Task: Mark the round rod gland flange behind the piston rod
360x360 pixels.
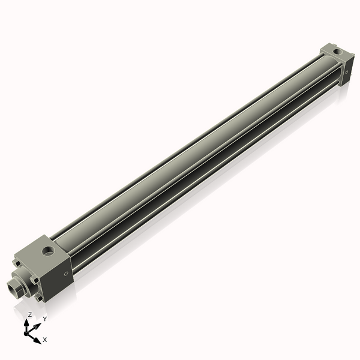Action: [x=25, y=278]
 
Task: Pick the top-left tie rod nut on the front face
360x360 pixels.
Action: [x=17, y=262]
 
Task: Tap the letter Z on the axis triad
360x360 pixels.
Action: [x=30, y=314]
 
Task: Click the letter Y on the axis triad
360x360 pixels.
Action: [x=44, y=319]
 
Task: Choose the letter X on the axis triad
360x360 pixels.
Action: [x=45, y=340]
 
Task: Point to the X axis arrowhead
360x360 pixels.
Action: [x=38, y=339]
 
